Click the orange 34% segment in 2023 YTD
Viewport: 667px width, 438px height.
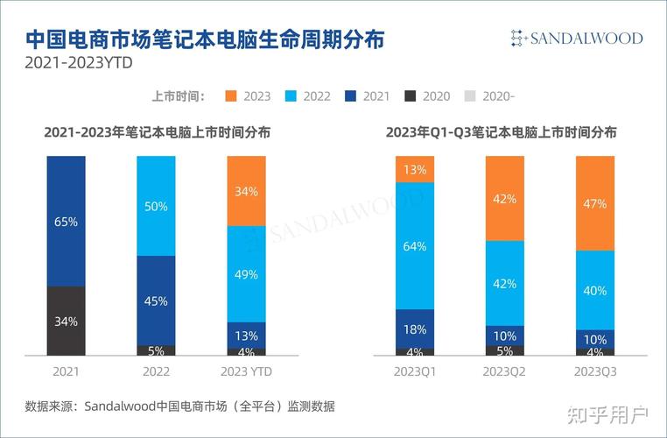(246, 191)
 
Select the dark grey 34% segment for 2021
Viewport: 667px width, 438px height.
(67, 321)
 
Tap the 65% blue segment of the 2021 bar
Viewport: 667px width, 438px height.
(67, 221)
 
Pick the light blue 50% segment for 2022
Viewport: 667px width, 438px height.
(157, 205)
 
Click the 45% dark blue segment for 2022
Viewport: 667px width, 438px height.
(157, 300)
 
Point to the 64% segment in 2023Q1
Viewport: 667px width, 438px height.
(415, 245)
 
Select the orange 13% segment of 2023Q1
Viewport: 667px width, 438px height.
(415, 169)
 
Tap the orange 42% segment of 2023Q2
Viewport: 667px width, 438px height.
(504, 198)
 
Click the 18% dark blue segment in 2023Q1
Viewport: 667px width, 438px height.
(415, 328)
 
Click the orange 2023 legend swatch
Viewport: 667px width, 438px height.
(232, 96)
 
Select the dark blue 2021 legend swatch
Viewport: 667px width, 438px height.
(351, 96)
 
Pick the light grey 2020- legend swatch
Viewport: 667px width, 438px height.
(470, 96)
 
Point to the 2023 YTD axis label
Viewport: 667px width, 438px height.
(246, 372)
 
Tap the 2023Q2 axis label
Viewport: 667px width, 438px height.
(504, 372)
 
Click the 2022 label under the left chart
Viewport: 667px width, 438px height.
(157, 372)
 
